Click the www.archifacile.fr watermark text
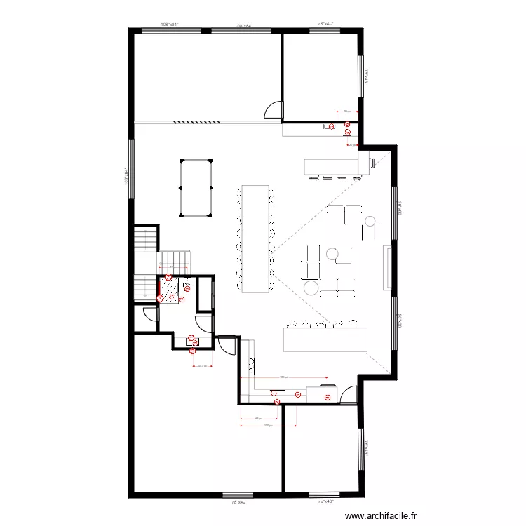382,516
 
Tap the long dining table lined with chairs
256,238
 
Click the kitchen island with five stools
325,339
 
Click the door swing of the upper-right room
274,110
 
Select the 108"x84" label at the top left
170,25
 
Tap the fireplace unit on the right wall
386,267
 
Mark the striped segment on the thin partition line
196,121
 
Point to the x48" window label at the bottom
326,501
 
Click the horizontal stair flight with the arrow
173,262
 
